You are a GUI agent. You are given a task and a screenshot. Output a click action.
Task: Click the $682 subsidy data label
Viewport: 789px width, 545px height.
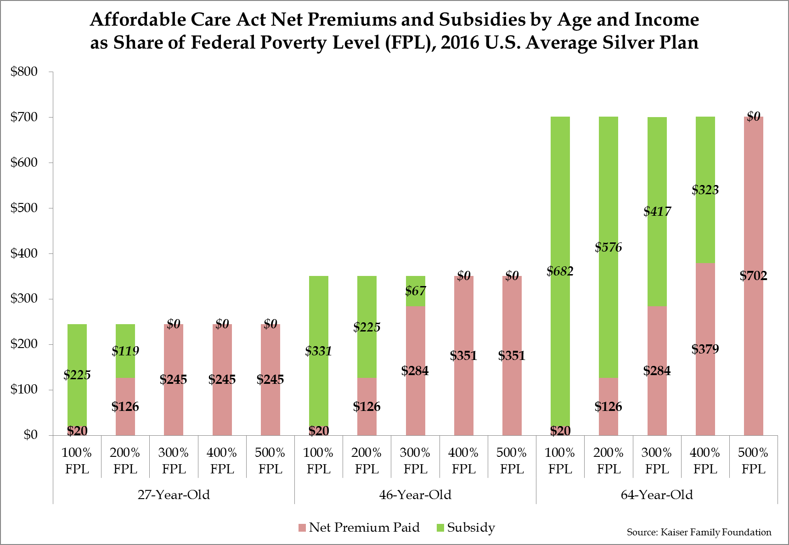(x=560, y=271)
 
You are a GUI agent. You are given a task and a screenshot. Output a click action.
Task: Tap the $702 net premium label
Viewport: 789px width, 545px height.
(x=753, y=276)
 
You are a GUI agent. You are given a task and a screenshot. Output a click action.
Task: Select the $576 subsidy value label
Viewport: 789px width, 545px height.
(x=608, y=247)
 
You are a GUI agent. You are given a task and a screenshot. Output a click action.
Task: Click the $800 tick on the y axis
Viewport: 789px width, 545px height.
(x=24, y=72)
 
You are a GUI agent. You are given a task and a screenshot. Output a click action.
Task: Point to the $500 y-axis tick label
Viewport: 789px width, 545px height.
(x=24, y=208)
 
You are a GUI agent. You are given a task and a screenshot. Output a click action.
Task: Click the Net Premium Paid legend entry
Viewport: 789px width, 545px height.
(x=359, y=527)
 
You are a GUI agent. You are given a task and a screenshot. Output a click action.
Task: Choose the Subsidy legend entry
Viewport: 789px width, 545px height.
(x=466, y=527)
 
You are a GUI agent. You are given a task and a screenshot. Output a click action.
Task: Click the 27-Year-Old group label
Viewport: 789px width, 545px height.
(x=174, y=494)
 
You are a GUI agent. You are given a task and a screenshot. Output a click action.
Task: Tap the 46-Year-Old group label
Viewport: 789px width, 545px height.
(x=415, y=494)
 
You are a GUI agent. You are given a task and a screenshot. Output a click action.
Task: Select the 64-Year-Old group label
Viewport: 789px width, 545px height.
(x=657, y=494)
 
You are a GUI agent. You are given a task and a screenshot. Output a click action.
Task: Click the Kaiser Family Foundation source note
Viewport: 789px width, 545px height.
(x=699, y=532)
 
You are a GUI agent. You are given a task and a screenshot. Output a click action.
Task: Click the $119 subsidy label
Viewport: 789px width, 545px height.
(x=125, y=351)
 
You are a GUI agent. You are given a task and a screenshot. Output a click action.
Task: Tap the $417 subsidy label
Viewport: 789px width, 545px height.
(x=657, y=212)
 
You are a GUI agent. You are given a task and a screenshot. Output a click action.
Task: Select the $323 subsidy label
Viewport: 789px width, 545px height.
(x=705, y=190)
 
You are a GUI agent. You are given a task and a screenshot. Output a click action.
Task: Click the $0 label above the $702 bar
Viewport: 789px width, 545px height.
(x=753, y=117)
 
